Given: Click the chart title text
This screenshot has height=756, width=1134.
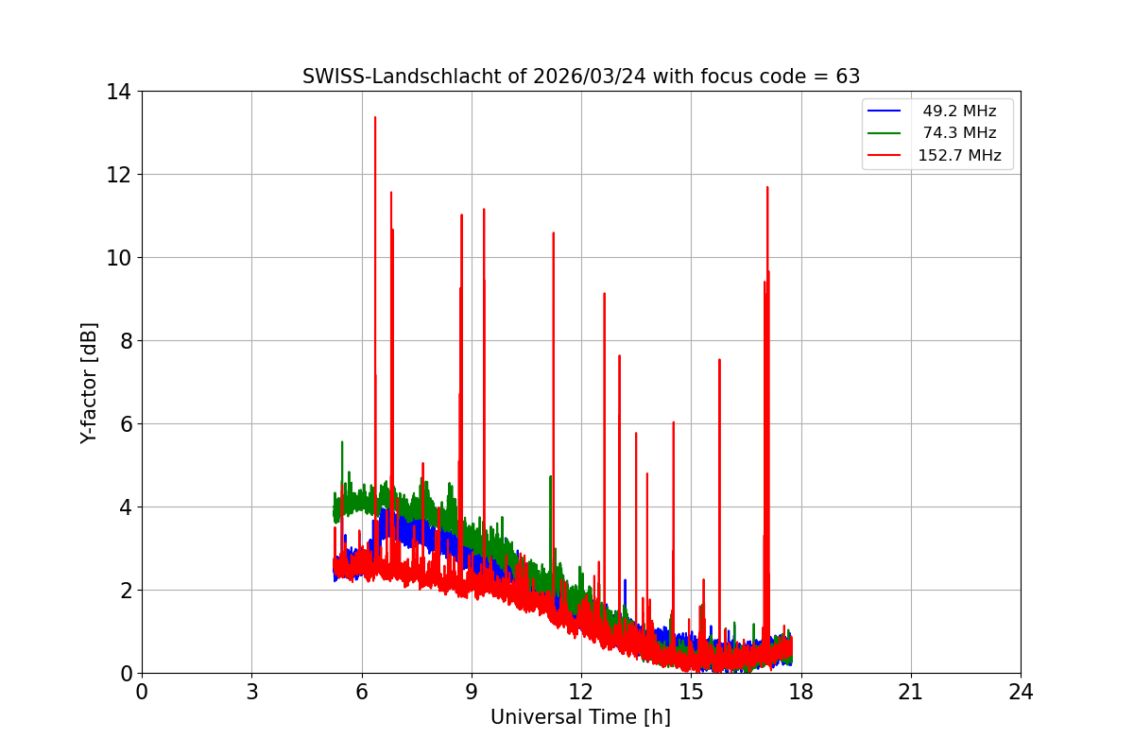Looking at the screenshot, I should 580,77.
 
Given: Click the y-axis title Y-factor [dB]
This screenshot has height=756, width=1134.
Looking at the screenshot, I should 89,383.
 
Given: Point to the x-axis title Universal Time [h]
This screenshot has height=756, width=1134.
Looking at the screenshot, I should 580,717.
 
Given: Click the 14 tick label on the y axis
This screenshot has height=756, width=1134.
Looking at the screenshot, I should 118,92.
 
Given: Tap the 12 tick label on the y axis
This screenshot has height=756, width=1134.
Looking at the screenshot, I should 118,175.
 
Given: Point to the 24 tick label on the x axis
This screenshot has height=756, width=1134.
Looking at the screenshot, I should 1021,692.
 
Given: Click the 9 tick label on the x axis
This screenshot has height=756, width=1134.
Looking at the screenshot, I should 472,692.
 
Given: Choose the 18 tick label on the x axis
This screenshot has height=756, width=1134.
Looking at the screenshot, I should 801,692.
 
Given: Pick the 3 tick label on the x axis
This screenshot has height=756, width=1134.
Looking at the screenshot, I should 251,692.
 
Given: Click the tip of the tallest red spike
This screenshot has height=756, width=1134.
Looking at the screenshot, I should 375,117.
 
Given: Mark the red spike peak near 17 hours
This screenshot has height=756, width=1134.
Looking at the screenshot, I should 767,187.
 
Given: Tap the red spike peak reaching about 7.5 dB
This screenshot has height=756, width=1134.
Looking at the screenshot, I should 719,360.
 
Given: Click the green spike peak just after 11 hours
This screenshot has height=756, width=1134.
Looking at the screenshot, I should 550,476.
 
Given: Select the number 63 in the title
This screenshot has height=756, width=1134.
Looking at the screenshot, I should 848,77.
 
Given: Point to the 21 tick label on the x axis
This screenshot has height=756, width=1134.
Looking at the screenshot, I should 911,692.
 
